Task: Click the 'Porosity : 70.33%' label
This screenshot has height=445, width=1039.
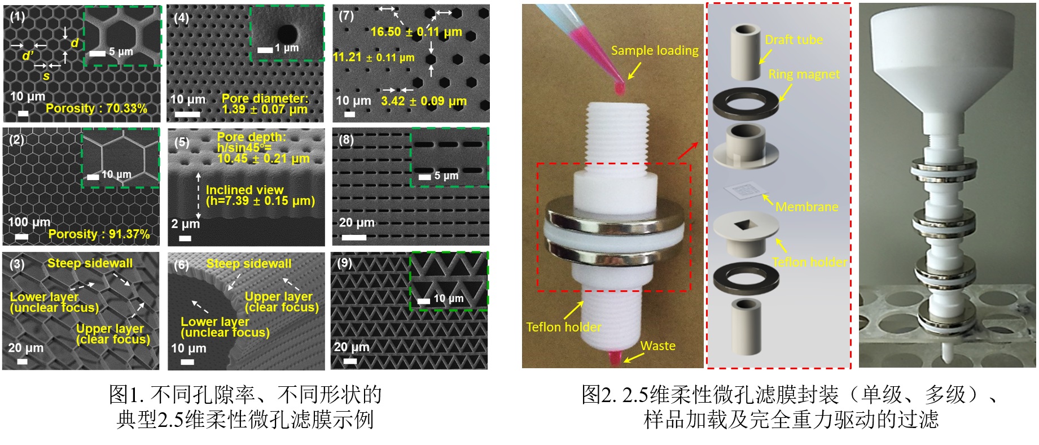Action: (x=97, y=108)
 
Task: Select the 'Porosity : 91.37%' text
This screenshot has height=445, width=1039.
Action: (x=99, y=234)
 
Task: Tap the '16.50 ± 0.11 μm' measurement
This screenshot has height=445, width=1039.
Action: (x=416, y=32)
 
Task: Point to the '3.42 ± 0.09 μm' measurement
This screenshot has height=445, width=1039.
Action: (x=423, y=102)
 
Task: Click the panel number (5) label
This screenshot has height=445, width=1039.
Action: (x=182, y=142)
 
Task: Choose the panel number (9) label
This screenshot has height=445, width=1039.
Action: (x=344, y=263)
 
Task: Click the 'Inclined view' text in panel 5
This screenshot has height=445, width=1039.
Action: (x=244, y=190)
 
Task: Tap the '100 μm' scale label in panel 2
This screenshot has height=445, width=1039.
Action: (x=29, y=222)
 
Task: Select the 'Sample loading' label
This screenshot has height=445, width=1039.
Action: (x=655, y=51)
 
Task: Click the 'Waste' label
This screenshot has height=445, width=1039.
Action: (x=657, y=346)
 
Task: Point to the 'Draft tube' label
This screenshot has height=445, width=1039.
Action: (x=794, y=40)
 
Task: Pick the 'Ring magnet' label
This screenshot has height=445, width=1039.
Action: (x=804, y=75)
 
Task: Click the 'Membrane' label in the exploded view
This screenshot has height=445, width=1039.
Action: (x=806, y=207)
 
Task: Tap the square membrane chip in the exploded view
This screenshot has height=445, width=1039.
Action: (x=746, y=191)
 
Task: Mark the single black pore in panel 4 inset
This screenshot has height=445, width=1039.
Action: (x=287, y=33)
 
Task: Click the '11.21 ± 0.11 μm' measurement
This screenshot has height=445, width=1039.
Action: (x=374, y=58)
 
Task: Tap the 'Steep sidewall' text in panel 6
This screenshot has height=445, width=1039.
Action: (x=249, y=264)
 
